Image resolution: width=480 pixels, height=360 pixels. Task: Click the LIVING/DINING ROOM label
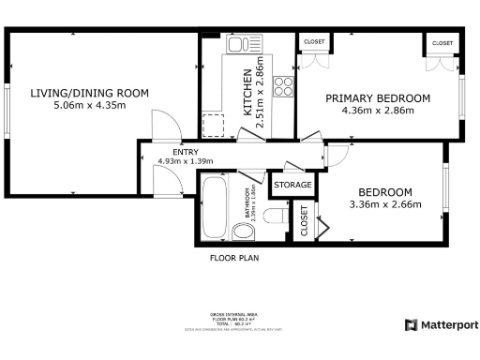tap(89, 92)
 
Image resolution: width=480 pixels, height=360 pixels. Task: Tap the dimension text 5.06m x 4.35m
tap(89, 106)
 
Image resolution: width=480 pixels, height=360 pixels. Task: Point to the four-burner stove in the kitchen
tap(281, 88)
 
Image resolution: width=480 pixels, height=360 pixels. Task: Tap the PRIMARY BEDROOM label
tap(377, 98)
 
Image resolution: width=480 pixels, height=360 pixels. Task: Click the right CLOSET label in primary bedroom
tap(441, 43)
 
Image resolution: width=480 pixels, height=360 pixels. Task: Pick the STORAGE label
tap(292, 186)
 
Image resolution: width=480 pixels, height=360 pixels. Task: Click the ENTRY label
tap(185, 151)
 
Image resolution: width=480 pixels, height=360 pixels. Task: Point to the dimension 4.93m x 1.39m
tap(185, 161)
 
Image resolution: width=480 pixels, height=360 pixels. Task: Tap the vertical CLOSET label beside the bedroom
tap(304, 221)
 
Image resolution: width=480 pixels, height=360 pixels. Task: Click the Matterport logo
tap(442, 324)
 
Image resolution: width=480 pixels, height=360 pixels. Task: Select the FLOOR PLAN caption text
tap(233, 257)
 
